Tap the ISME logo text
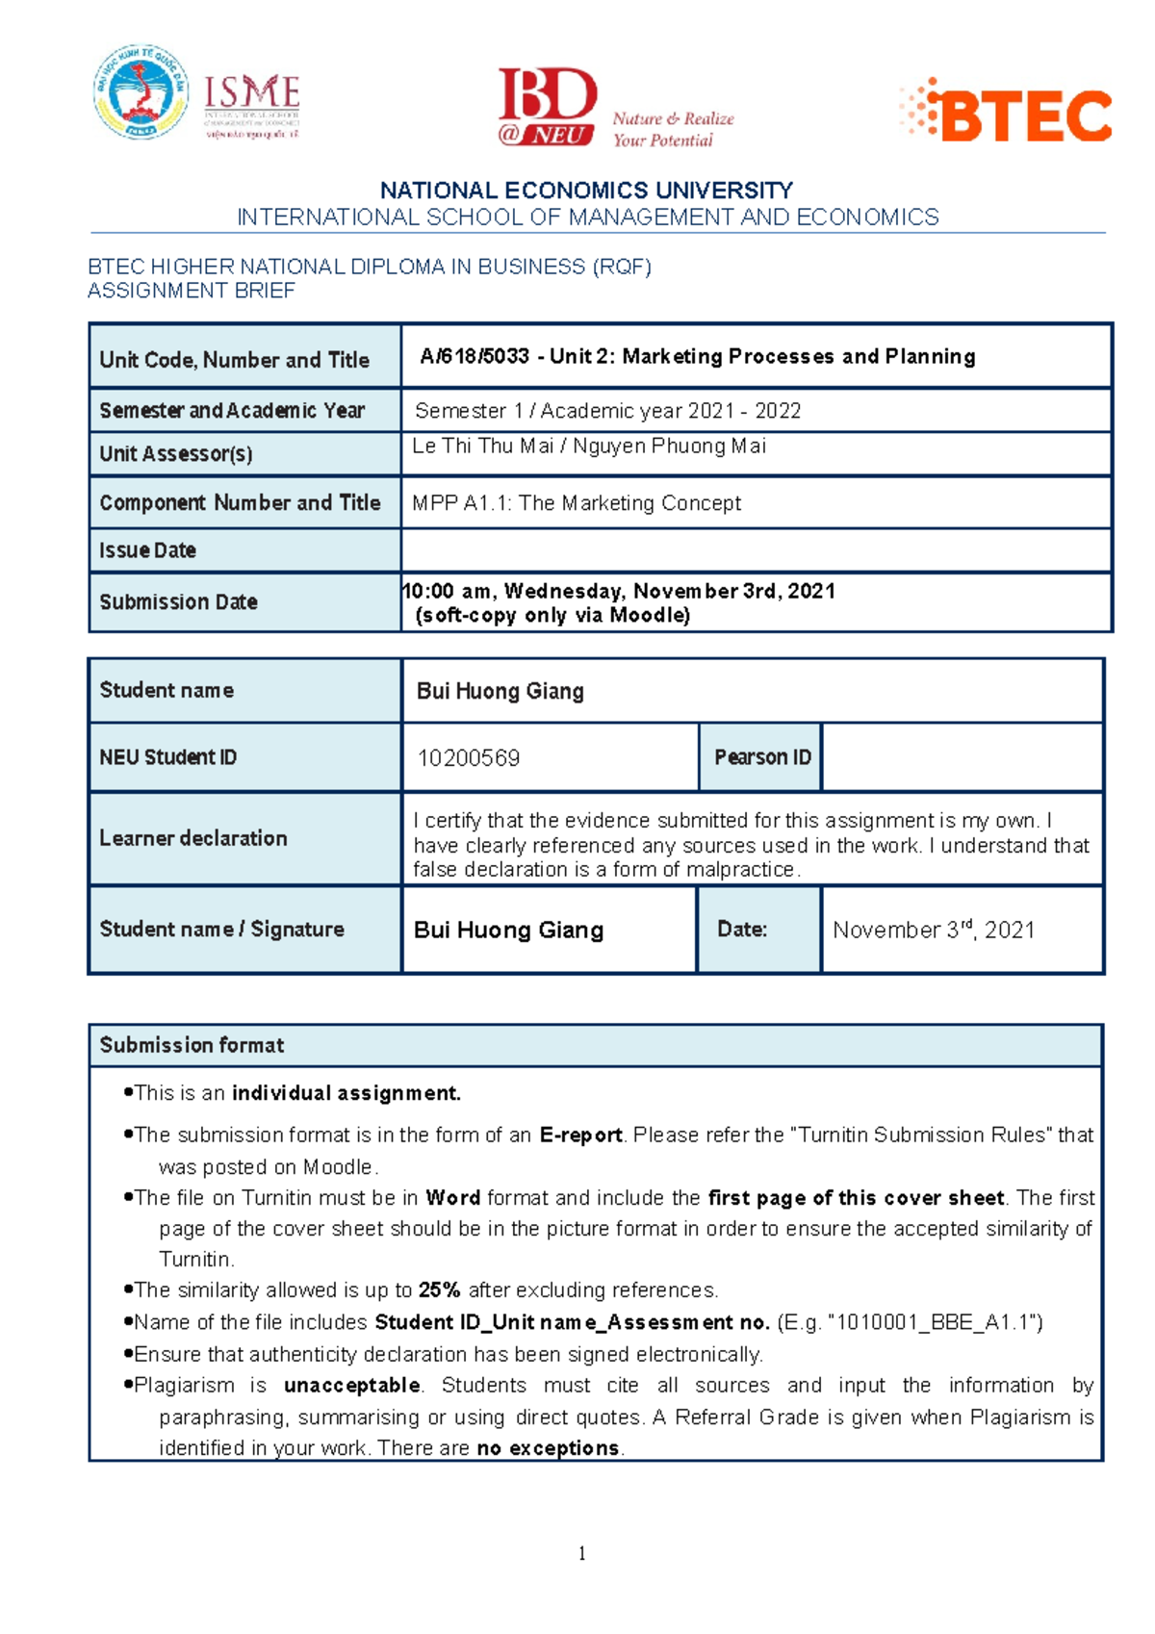[252, 94]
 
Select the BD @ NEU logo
[547, 106]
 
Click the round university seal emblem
[141, 92]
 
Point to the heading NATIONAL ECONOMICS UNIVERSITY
[586, 191]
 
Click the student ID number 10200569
[468, 758]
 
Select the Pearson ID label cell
[761, 757]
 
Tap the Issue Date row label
[148, 550]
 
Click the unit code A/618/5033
[475, 356]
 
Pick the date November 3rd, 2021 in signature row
[933, 930]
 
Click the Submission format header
[192, 1045]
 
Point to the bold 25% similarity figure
[439, 1289]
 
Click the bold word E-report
[580, 1135]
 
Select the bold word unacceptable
[352, 1385]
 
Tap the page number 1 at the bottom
[582, 1552]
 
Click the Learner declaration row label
[193, 838]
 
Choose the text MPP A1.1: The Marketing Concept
[577, 503]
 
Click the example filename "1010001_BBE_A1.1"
[935, 1322]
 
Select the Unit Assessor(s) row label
[176, 453]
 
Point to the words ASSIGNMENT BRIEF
[192, 291]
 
